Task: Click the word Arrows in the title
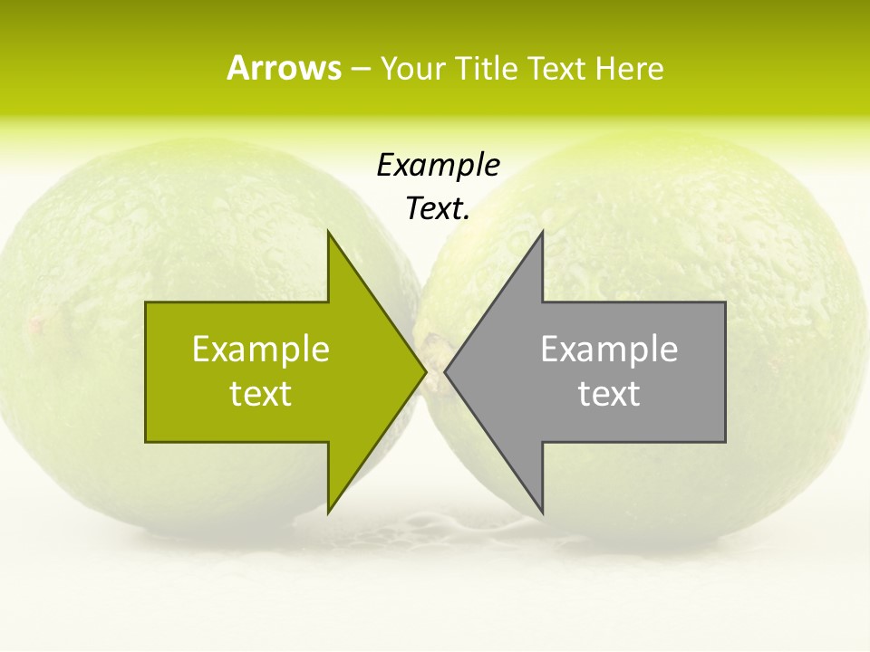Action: click(284, 68)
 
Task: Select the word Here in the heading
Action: click(629, 68)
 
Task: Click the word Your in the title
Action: click(411, 68)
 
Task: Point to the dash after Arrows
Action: click(360, 69)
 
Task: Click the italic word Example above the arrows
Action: click(438, 165)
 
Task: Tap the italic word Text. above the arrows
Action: click(438, 208)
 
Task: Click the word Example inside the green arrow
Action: click(261, 349)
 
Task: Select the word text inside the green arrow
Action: click(261, 393)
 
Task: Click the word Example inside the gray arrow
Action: click(609, 349)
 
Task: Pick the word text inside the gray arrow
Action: click(609, 393)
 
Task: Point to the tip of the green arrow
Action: click(424, 371)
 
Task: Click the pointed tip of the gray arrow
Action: click(447, 371)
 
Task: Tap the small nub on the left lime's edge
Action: click(36, 321)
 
